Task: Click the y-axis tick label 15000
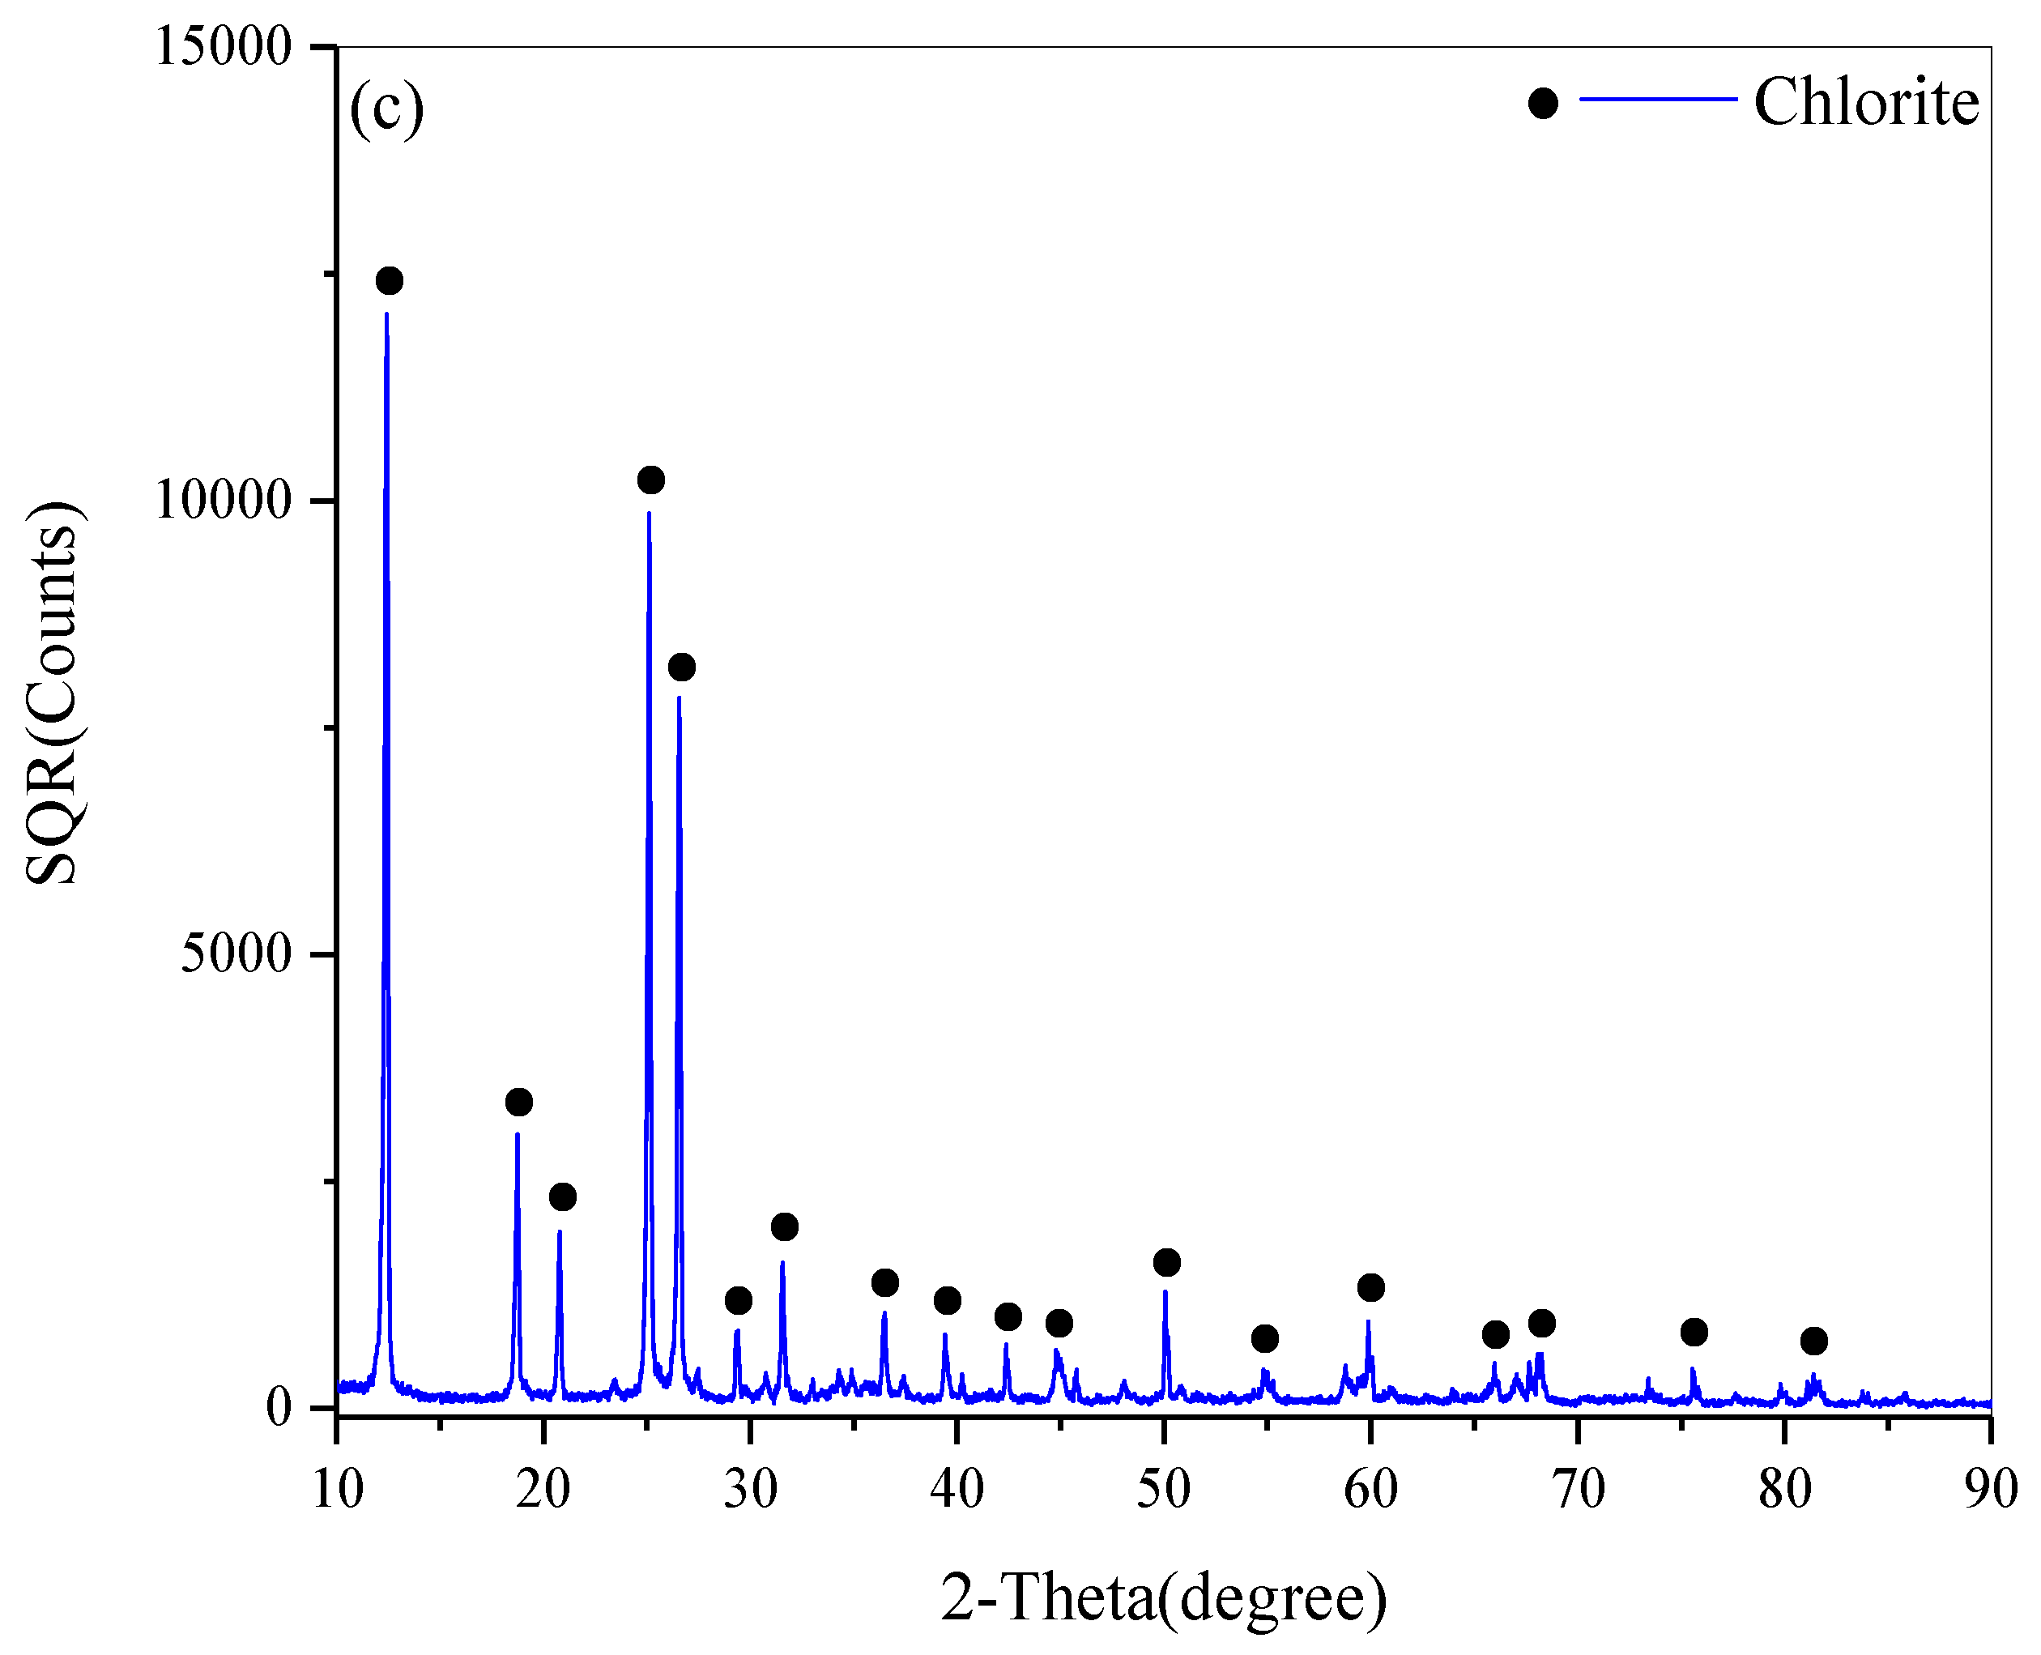[x=222, y=45]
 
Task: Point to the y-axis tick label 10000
[x=222, y=500]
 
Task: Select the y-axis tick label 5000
[x=236, y=953]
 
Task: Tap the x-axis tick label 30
[x=750, y=1488]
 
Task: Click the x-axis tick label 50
[x=1164, y=1488]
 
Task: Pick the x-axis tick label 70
[x=1578, y=1488]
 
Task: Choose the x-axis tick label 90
[x=1992, y=1488]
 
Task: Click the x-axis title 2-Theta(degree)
[x=1164, y=1597]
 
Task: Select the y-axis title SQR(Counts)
[x=53, y=693]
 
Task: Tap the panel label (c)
[x=386, y=107]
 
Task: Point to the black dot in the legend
[x=1542, y=103]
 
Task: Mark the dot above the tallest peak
[x=389, y=280]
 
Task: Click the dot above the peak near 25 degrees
[x=650, y=480]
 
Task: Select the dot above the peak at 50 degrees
[x=1167, y=1262]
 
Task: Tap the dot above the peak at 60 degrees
[x=1371, y=1288]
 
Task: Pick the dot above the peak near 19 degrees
[x=518, y=1102]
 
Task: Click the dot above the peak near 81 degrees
[x=1814, y=1341]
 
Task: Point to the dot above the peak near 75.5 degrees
[x=1694, y=1332]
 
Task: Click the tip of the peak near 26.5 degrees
[x=679, y=697]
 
